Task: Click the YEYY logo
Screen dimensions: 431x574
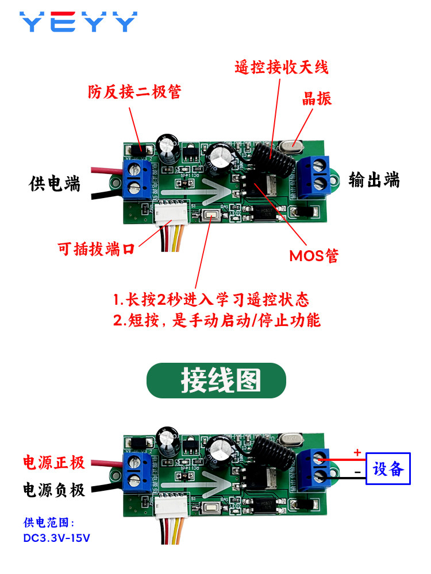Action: click(x=78, y=22)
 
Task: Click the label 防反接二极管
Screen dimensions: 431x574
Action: click(x=134, y=91)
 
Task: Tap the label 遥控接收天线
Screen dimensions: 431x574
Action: click(x=282, y=67)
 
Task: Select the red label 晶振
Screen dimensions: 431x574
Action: click(x=317, y=99)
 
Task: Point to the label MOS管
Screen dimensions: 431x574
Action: click(x=314, y=255)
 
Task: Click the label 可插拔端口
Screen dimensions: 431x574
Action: click(x=96, y=249)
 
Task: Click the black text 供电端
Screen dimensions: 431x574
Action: click(x=54, y=184)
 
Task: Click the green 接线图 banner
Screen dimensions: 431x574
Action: click(x=216, y=381)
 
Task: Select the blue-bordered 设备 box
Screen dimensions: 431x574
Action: click(x=388, y=468)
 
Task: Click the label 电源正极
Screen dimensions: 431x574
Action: click(x=54, y=462)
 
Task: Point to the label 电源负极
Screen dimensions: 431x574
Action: click(x=54, y=490)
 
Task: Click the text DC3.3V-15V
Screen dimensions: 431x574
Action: click(x=56, y=538)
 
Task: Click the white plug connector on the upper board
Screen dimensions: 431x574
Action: click(x=171, y=213)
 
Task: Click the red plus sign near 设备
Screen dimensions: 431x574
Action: click(x=357, y=452)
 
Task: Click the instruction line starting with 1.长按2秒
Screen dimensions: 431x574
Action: click(x=211, y=300)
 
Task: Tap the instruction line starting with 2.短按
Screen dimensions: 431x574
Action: click(x=217, y=320)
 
